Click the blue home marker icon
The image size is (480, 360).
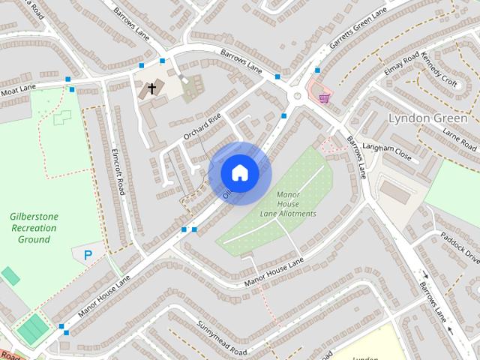coord(239,173)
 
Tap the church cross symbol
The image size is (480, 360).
coord(152,89)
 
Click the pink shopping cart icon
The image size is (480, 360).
coord(324,97)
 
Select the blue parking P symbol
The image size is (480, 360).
coord(88,256)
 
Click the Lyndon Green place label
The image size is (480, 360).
coord(427,118)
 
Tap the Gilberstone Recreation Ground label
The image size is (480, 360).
coord(34,228)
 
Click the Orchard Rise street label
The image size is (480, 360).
coord(202,127)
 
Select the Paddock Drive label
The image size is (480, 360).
coord(460,247)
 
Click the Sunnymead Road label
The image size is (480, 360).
coord(222,338)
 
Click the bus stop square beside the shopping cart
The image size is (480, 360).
coord(317,70)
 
